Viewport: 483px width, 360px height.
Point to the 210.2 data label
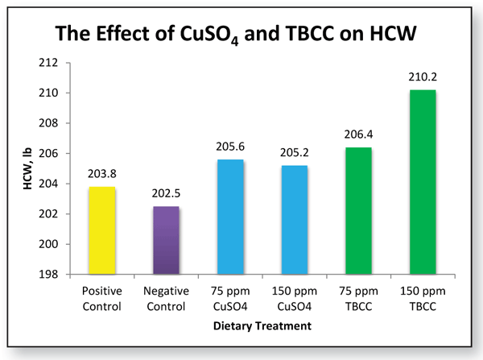click(423, 78)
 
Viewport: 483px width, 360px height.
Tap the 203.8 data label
click(101, 176)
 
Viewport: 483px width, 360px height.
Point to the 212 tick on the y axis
click(57, 63)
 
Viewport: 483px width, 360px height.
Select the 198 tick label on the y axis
click(57, 275)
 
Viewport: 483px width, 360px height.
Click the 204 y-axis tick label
click(57, 184)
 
